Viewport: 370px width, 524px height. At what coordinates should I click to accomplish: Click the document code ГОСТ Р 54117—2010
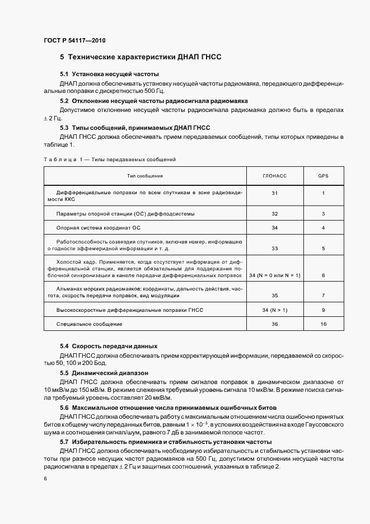click(74, 41)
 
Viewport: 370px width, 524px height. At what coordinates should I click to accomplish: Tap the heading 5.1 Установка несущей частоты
click(109, 74)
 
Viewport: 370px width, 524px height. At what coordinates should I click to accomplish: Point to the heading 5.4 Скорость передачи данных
click(109, 346)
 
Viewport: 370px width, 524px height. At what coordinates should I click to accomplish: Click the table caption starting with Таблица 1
click(110, 160)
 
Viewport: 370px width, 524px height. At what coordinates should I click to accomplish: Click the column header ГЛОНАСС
click(274, 176)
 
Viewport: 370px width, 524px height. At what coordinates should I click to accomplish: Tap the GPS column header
click(324, 176)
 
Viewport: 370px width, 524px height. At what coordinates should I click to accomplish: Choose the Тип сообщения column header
click(145, 176)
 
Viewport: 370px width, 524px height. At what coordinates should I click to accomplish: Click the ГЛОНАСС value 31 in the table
click(274, 193)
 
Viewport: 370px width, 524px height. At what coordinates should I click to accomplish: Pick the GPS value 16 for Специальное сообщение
click(324, 324)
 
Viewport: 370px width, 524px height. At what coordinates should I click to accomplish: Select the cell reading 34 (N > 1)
click(274, 310)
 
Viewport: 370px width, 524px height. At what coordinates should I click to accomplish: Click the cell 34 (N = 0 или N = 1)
click(274, 276)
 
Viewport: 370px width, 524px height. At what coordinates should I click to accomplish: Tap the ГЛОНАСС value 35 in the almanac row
click(274, 295)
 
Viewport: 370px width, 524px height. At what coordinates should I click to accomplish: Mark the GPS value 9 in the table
click(324, 310)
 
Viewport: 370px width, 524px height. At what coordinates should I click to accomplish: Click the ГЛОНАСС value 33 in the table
click(274, 247)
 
